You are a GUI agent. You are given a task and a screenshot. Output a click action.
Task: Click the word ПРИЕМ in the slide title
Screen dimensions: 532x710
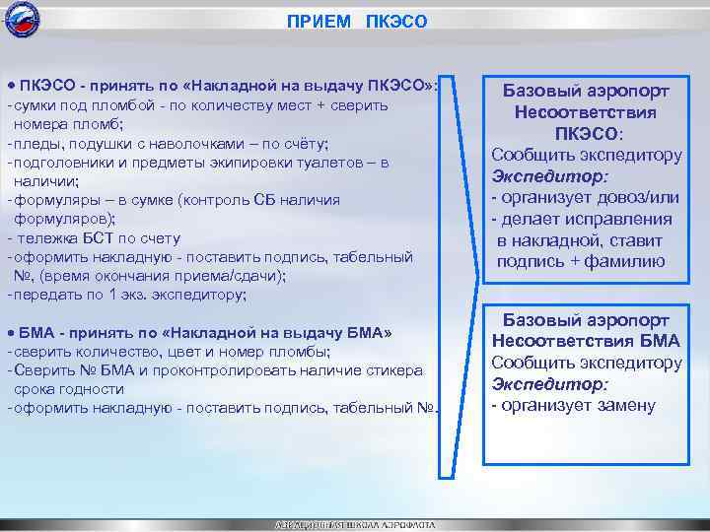316,21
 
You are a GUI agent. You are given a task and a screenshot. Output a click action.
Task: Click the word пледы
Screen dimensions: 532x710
37,143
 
